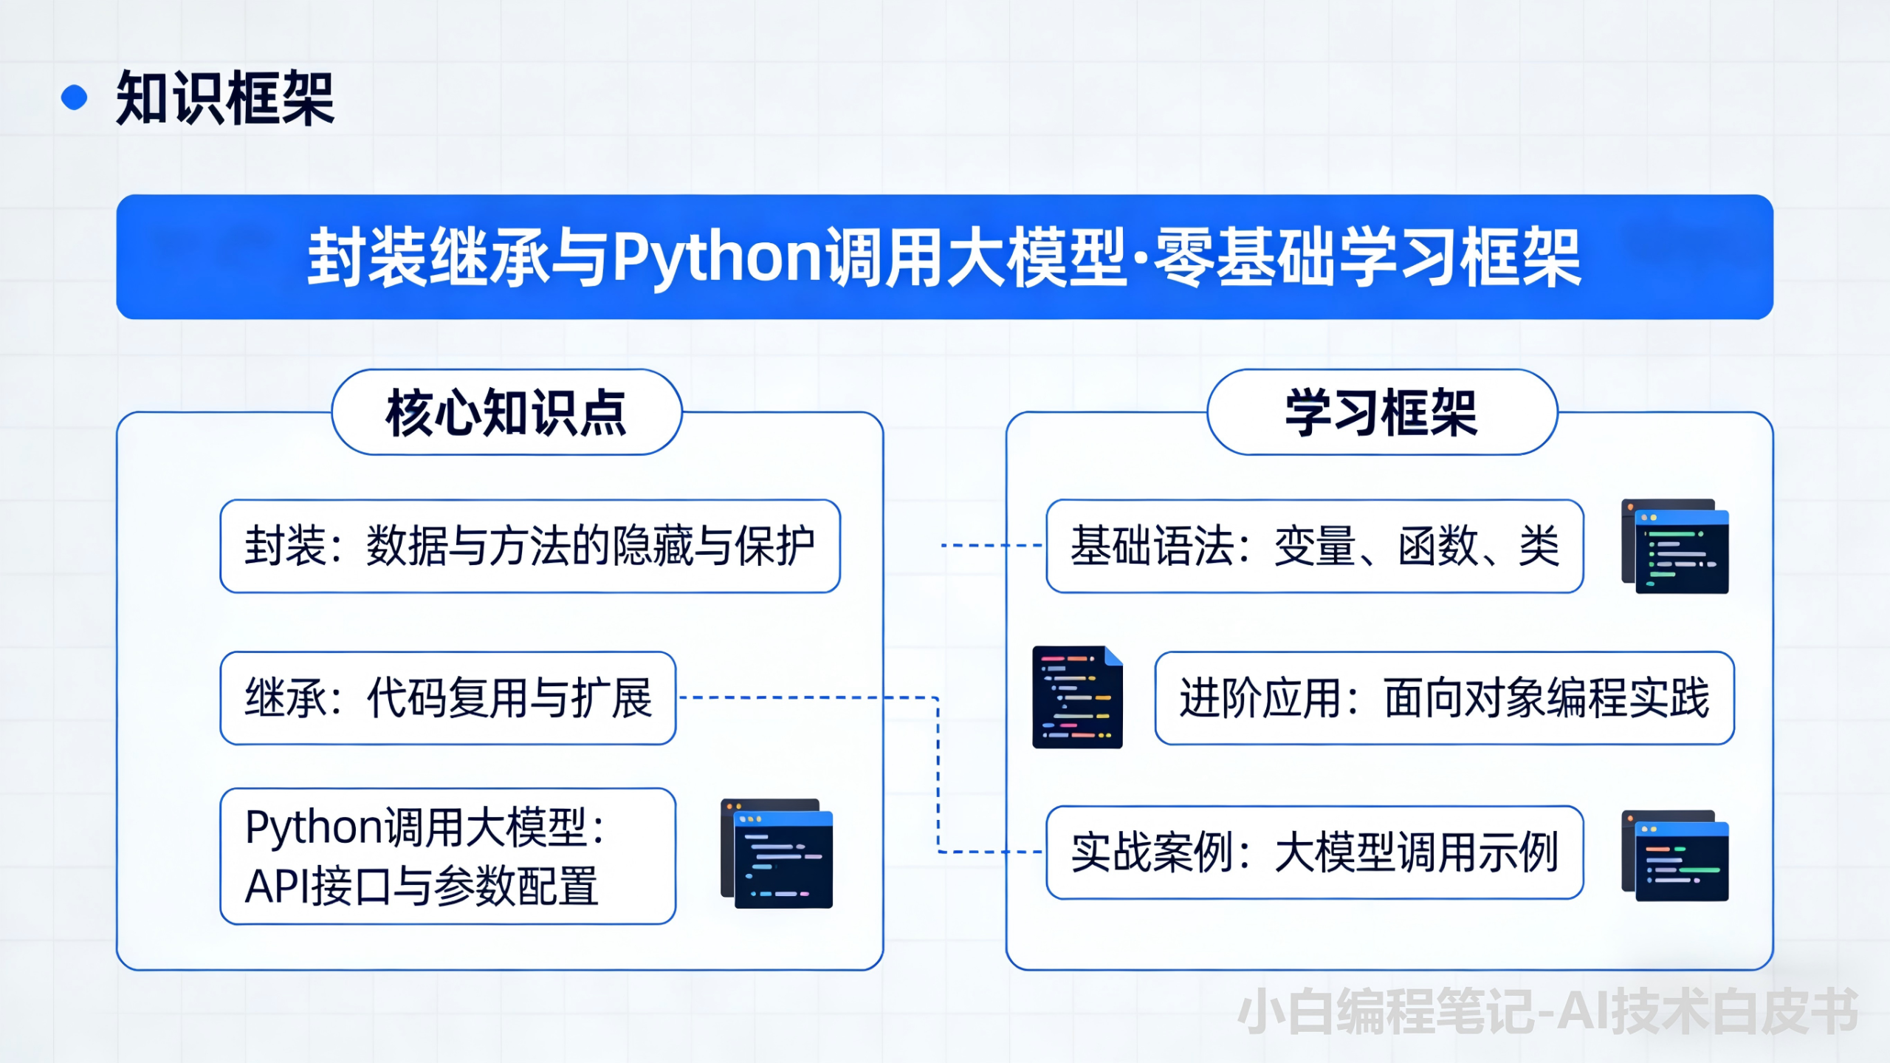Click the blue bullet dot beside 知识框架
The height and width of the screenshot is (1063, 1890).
(x=74, y=98)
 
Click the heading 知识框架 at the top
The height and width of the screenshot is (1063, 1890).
(x=225, y=98)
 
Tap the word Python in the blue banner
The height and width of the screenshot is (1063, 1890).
(x=717, y=257)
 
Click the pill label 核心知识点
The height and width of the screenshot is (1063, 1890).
(x=506, y=412)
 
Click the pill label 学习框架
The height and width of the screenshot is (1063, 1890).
(x=1381, y=412)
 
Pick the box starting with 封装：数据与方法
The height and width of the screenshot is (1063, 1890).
(x=529, y=546)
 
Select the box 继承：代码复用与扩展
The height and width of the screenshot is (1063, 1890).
(x=447, y=698)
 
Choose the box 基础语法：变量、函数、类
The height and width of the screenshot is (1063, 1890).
(x=1314, y=546)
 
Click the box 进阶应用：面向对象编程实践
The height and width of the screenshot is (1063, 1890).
(x=1444, y=698)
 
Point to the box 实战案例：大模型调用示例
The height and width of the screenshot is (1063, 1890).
(x=1314, y=852)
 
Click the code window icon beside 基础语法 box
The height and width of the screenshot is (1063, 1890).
(x=1674, y=547)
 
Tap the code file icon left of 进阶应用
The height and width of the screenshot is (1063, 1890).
(x=1077, y=697)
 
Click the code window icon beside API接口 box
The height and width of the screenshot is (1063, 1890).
(x=777, y=853)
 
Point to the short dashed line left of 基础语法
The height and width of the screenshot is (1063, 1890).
(x=991, y=545)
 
